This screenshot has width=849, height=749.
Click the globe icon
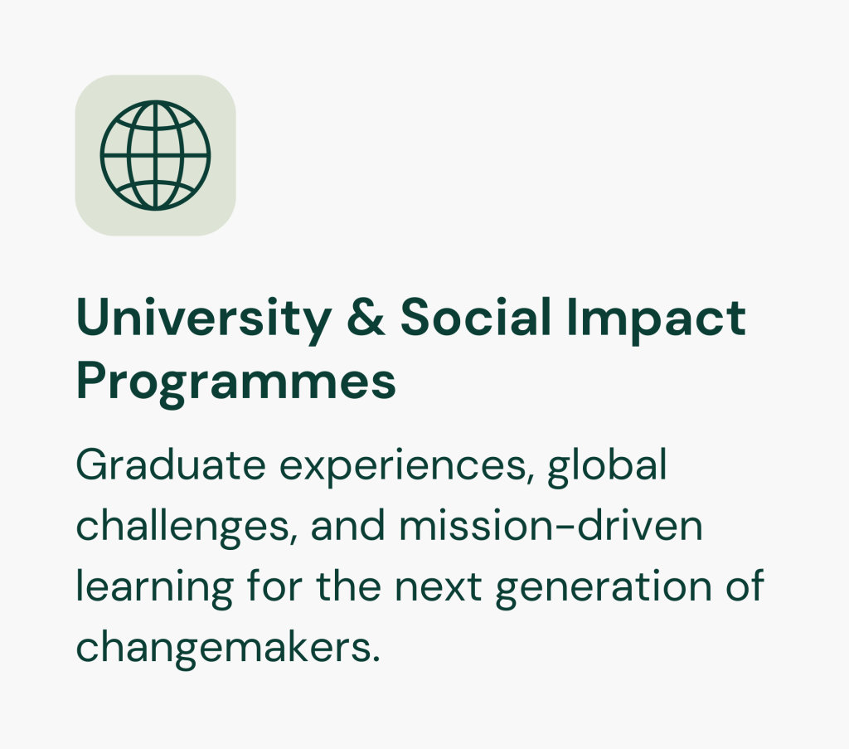155,155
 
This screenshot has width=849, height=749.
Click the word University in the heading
204,319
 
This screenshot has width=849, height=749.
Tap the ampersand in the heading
366,318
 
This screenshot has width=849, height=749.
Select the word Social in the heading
476,317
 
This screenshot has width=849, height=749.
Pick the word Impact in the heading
657,320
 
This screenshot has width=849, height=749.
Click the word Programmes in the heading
236,382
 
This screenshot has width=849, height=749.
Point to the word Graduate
171,464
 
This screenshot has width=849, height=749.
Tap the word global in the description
607,467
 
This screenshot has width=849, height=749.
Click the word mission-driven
551,525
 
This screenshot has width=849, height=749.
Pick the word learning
155,589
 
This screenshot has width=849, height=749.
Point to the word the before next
349,586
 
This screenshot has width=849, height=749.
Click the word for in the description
274,586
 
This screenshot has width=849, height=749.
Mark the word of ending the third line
745,586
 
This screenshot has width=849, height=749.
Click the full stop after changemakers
376,659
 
